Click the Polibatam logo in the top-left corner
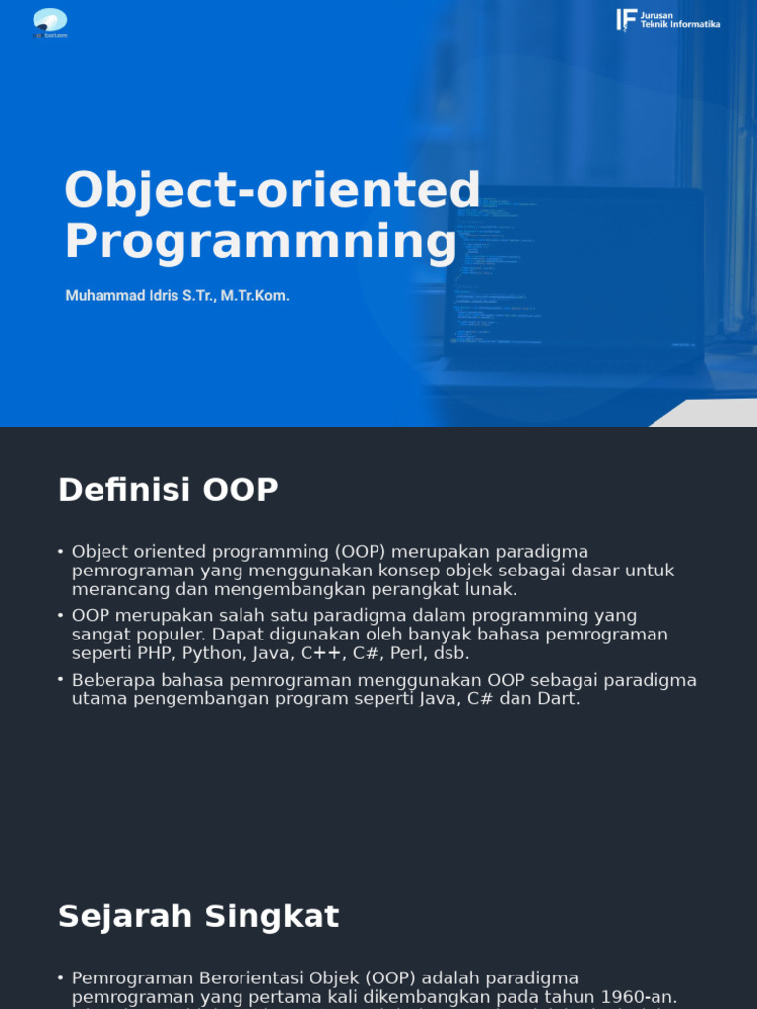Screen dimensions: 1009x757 click(49, 22)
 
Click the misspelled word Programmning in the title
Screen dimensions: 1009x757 click(260, 241)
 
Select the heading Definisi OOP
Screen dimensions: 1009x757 click(168, 490)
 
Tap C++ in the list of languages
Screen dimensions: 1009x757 click(321, 652)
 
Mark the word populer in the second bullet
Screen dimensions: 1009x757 click(159, 634)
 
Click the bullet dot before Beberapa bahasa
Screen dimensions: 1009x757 click(61, 680)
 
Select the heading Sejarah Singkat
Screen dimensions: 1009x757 click(198, 916)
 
